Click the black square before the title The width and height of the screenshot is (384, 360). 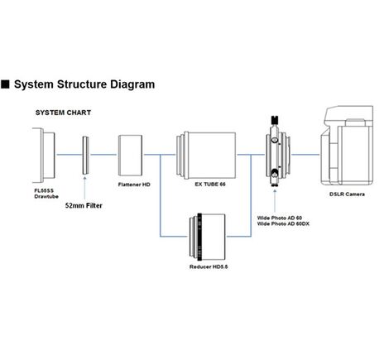[x=5, y=84]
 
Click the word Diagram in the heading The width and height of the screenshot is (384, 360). [x=132, y=84]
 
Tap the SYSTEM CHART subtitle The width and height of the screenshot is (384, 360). [x=63, y=113]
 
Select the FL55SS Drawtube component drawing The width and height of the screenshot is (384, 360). [x=44, y=155]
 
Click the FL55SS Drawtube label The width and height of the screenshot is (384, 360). [x=46, y=194]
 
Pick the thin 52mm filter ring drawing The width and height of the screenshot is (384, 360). [x=85, y=155]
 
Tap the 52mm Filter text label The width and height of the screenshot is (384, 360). [x=84, y=205]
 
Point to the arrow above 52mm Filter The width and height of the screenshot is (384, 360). [x=84, y=189]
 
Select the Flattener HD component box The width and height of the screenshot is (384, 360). [x=130, y=155]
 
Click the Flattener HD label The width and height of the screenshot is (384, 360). [x=134, y=185]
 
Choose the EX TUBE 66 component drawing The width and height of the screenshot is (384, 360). [x=206, y=155]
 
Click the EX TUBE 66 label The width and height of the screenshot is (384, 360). [x=210, y=184]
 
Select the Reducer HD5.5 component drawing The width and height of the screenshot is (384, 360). [x=207, y=237]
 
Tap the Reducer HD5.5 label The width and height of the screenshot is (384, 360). [x=209, y=266]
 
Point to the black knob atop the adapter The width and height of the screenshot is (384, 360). [x=275, y=120]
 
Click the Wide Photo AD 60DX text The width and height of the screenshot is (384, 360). [x=283, y=223]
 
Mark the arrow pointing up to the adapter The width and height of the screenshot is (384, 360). [x=275, y=200]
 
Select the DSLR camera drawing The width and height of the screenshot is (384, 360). [x=347, y=146]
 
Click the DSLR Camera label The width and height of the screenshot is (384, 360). [x=347, y=194]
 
